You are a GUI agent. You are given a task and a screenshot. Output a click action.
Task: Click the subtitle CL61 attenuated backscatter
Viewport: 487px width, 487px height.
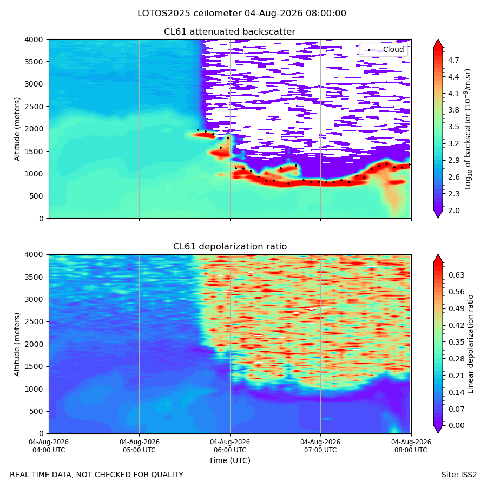tap(229, 32)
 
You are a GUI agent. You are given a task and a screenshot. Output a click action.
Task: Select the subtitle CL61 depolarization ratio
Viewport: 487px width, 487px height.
tap(230, 247)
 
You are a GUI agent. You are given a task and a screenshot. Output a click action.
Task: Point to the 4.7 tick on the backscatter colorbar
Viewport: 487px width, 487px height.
tap(453, 60)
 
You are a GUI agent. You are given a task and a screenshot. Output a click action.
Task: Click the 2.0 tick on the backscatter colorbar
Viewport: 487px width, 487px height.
tap(453, 210)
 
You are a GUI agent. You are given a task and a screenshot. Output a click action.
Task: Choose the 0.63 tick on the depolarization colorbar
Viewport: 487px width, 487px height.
tap(456, 275)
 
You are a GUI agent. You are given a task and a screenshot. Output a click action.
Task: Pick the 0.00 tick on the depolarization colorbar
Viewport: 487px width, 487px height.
tap(456, 425)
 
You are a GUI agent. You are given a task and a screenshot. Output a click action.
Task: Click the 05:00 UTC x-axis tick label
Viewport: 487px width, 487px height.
tap(140, 446)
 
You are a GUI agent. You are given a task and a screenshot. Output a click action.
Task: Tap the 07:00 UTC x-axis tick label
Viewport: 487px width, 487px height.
tap(320, 446)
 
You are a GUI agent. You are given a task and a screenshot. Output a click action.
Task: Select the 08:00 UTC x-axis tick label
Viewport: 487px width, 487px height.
tap(411, 446)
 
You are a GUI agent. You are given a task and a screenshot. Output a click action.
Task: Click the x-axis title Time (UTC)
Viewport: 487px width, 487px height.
tap(229, 460)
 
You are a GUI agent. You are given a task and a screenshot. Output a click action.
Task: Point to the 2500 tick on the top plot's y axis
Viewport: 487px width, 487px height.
tap(34, 107)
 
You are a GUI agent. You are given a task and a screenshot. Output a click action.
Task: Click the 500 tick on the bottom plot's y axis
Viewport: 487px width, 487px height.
tap(38, 412)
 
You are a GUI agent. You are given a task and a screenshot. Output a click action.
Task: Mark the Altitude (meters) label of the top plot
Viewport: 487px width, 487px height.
tap(17, 129)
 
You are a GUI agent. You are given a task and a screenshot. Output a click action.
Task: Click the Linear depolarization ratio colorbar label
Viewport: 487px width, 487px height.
tap(470, 344)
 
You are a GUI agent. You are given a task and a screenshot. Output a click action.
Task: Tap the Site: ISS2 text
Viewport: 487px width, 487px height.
tap(459, 475)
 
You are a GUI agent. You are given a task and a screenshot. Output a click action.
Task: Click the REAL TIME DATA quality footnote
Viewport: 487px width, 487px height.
tap(97, 475)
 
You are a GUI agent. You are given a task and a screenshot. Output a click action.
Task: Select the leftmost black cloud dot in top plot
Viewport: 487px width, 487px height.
tap(198, 130)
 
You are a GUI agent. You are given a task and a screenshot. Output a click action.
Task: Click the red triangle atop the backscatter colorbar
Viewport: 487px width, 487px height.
tap(438, 43)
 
